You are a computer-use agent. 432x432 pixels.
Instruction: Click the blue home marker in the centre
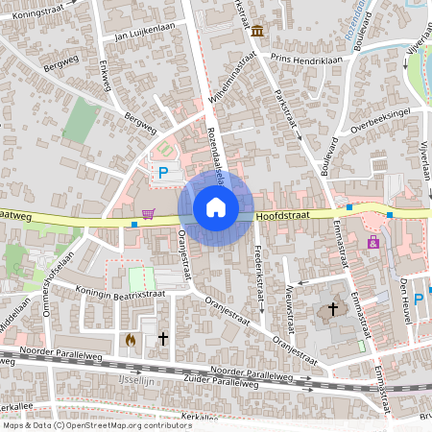click(x=216, y=207)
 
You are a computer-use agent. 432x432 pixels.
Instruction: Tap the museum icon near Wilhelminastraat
click(x=257, y=32)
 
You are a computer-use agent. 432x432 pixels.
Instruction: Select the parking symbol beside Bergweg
click(x=163, y=173)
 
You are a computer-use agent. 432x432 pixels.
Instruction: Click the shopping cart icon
click(x=148, y=213)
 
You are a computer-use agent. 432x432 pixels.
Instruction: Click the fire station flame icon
click(x=131, y=339)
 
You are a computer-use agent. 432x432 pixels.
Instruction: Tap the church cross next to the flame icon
click(x=163, y=339)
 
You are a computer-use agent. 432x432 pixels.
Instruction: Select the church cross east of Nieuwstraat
click(x=333, y=309)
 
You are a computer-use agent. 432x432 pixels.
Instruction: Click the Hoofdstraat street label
click(x=283, y=216)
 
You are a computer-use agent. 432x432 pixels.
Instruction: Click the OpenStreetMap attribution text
click(x=96, y=424)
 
